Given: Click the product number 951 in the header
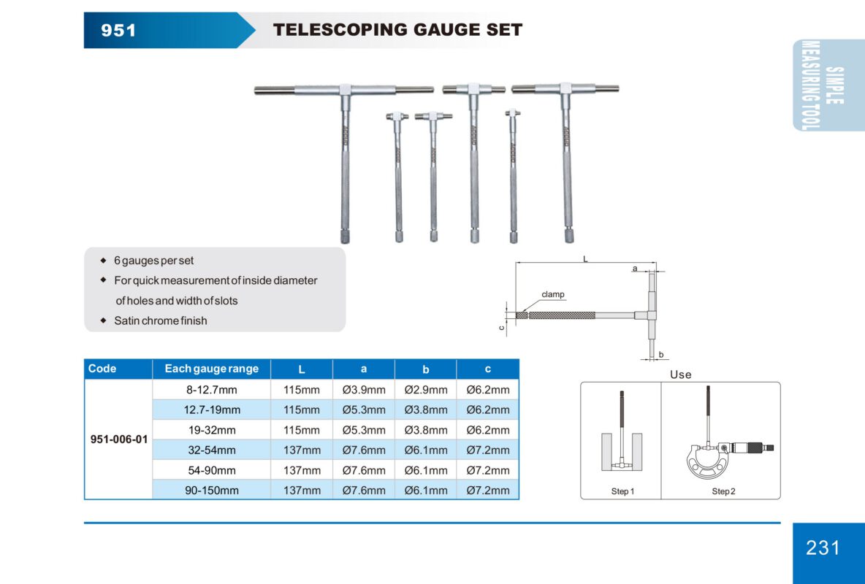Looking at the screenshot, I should (x=118, y=30).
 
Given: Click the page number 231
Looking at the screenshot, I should (x=823, y=547).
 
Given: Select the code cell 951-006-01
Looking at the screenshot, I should (x=118, y=439).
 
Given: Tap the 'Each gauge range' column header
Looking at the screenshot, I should (x=211, y=369).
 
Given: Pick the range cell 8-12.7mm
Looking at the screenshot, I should (x=211, y=390).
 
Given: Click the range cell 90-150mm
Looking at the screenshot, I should (x=211, y=490).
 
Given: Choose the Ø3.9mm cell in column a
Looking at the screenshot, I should (x=364, y=390).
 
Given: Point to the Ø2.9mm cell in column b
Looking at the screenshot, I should (x=426, y=390).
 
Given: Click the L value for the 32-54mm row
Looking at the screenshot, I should (x=302, y=450).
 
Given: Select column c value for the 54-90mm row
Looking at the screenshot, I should (x=488, y=470).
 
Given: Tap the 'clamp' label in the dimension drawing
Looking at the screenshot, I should (x=553, y=295).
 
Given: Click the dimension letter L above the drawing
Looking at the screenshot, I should (x=585, y=258).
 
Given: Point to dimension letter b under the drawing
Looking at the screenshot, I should (x=660, y=355).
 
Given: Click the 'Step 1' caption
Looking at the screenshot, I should (x=622, y=491).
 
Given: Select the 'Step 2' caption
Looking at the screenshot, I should (x=723, y=491).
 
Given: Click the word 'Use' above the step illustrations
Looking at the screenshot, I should (x=680, y=374).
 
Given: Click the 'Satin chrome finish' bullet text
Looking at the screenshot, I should (x=161, y=320).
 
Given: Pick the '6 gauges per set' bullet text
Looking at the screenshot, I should (x=154, y=261).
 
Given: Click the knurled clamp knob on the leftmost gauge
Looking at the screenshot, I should (x=344, y=237).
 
